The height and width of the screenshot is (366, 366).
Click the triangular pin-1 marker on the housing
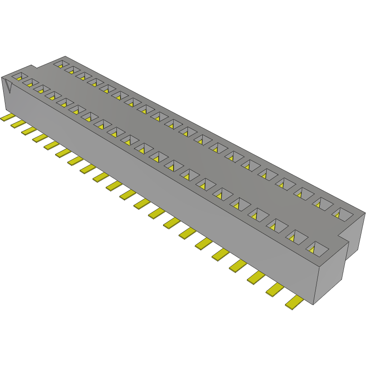click(8, 85)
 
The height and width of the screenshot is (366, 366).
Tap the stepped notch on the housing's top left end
click(34, 68)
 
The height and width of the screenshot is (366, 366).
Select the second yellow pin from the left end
click(18, 124)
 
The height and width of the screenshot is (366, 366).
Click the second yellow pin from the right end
click(275, 290)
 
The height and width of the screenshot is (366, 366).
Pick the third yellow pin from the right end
click(256, 278)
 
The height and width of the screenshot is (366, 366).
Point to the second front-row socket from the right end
click(296, 236)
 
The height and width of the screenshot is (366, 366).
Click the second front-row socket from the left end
click(31, 83)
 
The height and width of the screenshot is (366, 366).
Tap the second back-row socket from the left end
click(71, 70)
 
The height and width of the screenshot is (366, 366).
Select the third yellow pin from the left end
click(29, 130)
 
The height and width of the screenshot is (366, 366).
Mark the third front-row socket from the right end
click(276, 224)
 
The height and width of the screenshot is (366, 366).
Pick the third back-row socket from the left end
click(83, 76)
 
